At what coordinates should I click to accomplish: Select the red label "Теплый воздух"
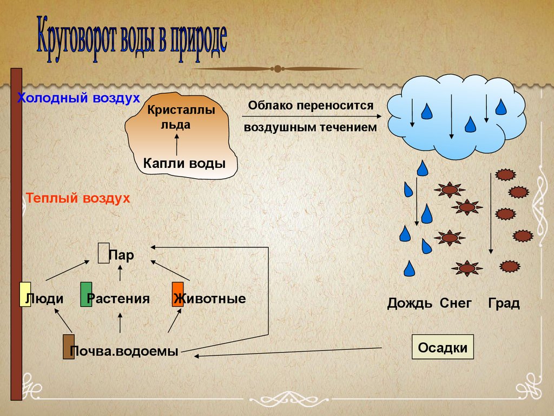[78, 198]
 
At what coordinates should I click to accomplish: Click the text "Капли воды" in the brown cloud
[184, 162]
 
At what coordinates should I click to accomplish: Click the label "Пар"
[122, 255]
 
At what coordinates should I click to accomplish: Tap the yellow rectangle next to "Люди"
[25, 295]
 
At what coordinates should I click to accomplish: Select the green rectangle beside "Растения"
[86, 295]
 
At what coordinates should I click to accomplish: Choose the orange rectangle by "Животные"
[178, 295]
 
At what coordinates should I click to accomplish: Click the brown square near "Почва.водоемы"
[69, 347]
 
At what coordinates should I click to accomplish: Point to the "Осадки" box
[443, 347]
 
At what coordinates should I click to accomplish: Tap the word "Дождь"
[410, 303]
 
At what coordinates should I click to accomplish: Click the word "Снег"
[456, 303]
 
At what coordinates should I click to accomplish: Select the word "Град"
[504, 303]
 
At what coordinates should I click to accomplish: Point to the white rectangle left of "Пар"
[103, 253]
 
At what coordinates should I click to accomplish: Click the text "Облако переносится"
[311, 105]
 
